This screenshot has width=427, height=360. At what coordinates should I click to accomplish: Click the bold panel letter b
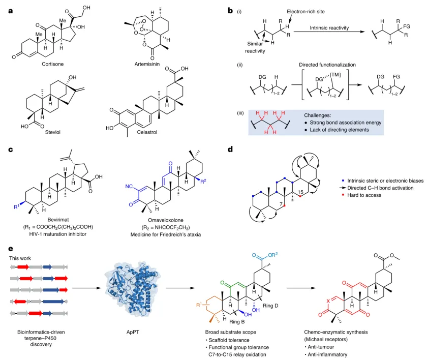point(230,10)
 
